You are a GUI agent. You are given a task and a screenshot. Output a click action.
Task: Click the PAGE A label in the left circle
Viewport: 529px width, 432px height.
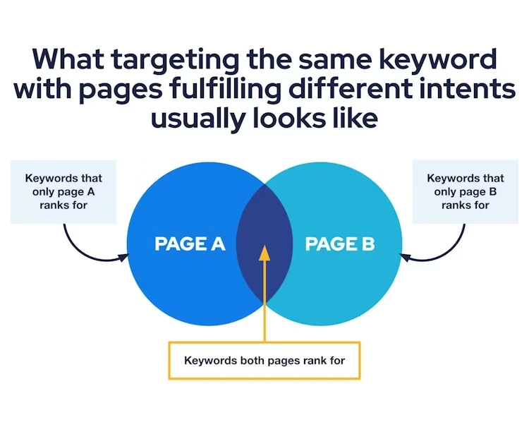coord(190,244)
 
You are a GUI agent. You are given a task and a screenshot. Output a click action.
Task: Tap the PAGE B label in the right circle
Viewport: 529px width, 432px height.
coord(340,244)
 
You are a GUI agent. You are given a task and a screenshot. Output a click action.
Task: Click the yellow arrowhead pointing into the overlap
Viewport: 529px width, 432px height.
coord(264,253)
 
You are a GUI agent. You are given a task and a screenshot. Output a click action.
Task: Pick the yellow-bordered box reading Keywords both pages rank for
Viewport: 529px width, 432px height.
coord(264,361)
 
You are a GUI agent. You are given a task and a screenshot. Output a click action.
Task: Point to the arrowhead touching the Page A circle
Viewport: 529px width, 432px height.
coord(123,258)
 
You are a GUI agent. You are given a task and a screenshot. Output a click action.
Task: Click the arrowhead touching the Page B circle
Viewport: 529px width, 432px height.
coord(405,258)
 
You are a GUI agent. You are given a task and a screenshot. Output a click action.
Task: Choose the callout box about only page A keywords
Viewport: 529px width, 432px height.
coord(63,191)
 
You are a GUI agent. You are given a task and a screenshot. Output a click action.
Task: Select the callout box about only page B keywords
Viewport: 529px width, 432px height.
coord(466,191)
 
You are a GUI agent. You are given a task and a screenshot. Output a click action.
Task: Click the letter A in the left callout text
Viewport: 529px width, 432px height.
coord(91,191)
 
